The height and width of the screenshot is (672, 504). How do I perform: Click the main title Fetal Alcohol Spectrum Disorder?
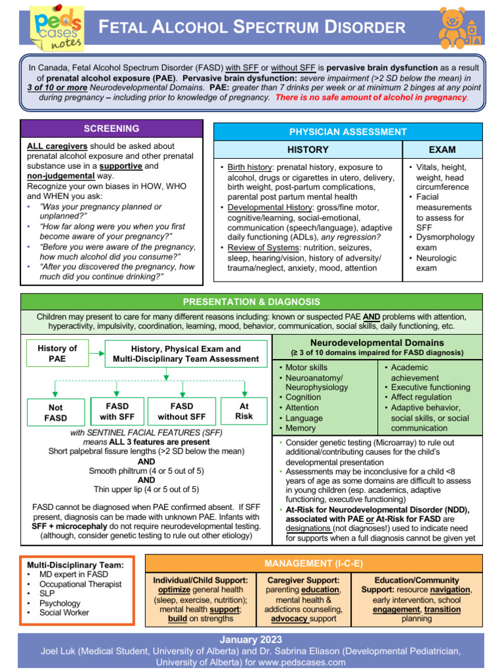[252, 28]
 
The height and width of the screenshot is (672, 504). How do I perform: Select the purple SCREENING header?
[111, 129]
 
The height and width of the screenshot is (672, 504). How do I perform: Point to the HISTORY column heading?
[308, 150]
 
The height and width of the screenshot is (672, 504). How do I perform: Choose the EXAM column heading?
[442, 150]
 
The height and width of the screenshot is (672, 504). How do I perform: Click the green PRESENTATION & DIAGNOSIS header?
[252, 302]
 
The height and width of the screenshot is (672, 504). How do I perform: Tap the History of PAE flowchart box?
[57, 354]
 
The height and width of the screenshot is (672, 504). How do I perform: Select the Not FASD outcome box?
[56, 413]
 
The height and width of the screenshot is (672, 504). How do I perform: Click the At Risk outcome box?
[243, 411]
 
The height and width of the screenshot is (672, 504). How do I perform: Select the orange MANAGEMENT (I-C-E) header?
[314, 564]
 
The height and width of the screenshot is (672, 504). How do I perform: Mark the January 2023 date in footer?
[252, 639]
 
